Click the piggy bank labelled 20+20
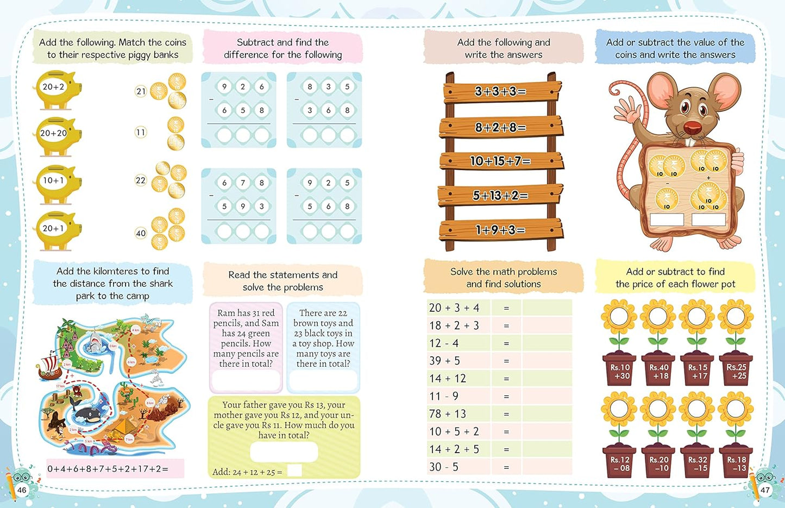(x=58, y=134)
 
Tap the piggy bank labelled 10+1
(x=58, y=182)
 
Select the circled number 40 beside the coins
(x=141, y=233)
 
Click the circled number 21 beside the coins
(x=141, y=91)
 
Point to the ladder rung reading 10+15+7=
(x=500, y=161)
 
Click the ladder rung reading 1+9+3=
(x=500, y=230)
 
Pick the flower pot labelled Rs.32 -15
(x=697, y=463)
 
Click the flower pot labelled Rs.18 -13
(x=736, y=463)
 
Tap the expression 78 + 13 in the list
(x=448, y=414)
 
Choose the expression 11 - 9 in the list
(x=444, y=397)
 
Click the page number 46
(x=22, y=490)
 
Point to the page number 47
(x=765, y=490)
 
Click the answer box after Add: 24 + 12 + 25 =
(x=294, y=471)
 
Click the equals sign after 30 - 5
(x=506, y=467)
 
